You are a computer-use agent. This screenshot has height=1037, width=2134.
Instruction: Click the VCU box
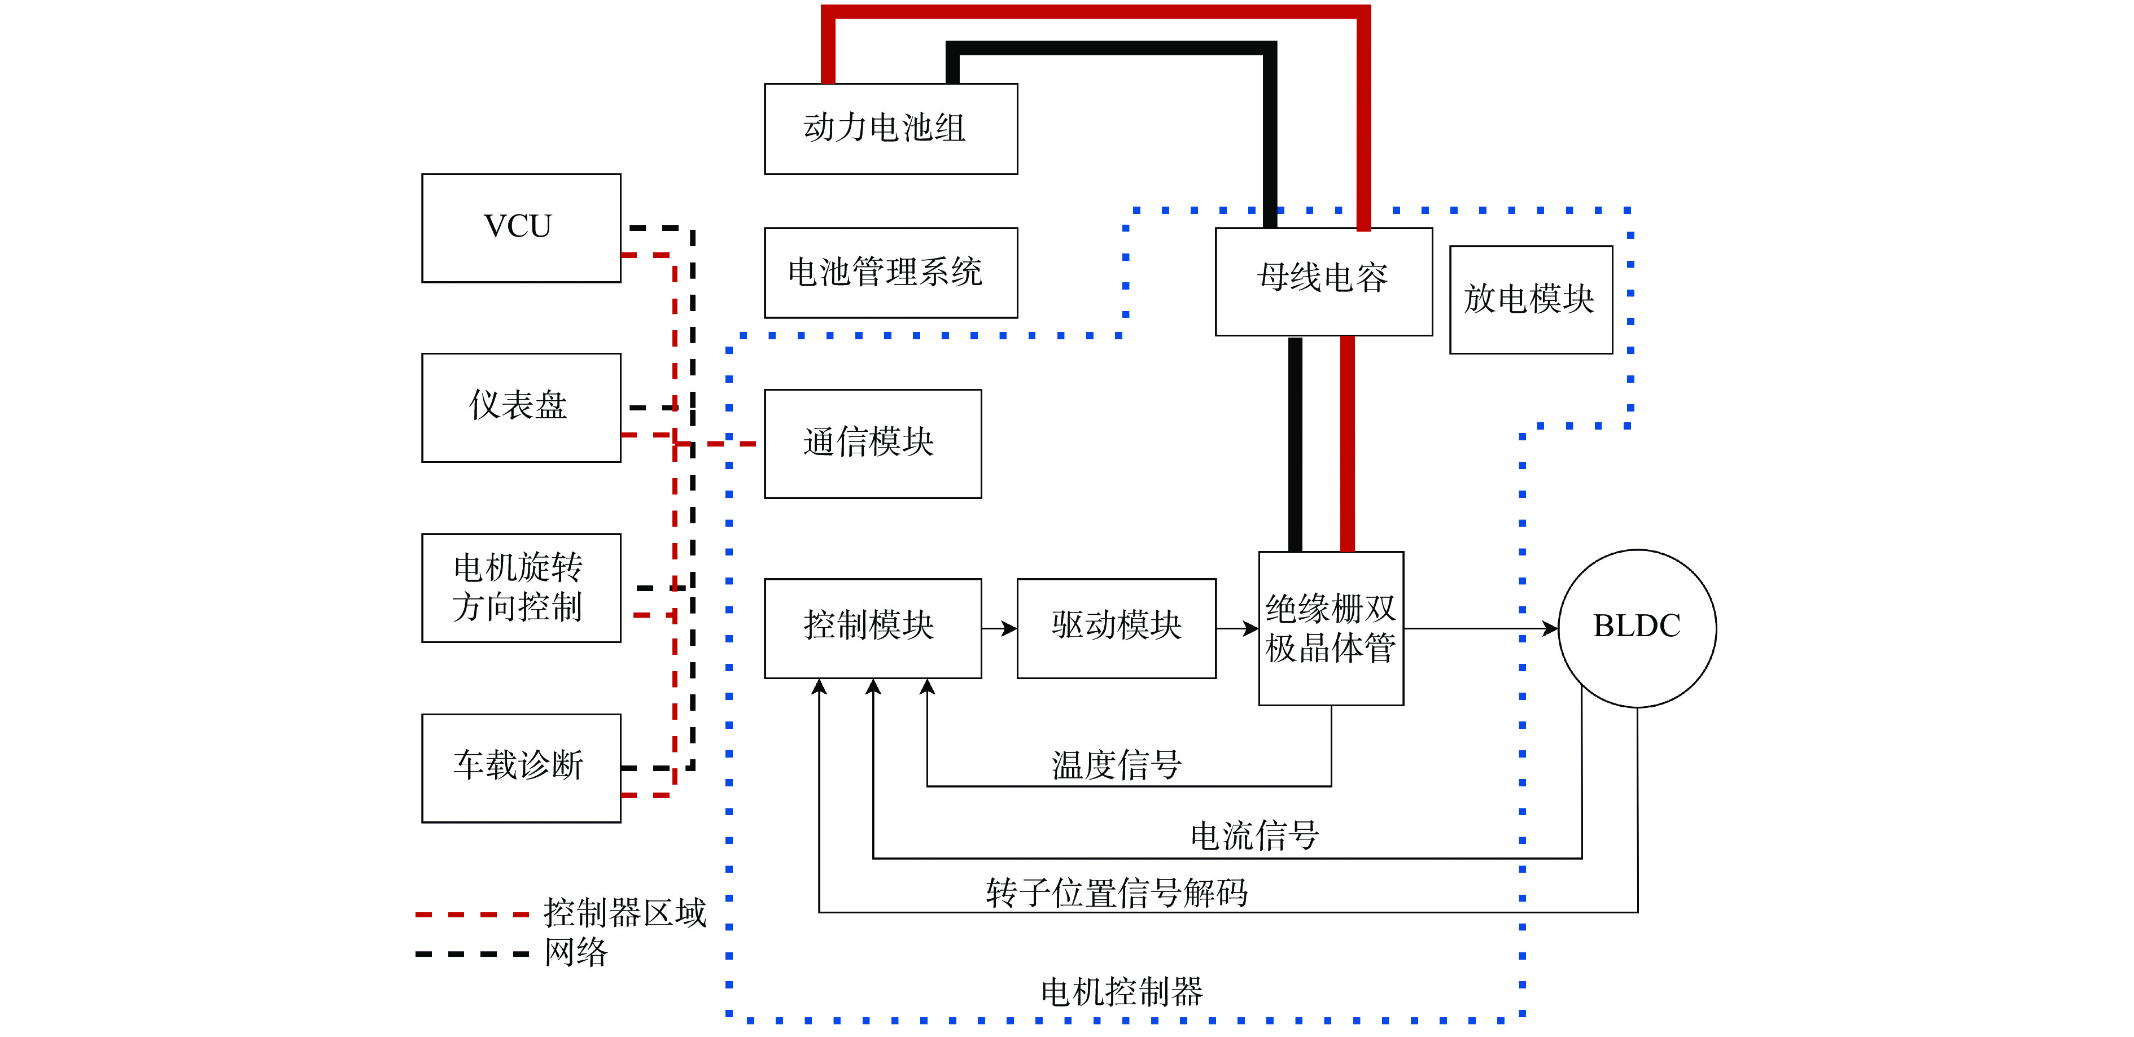521,227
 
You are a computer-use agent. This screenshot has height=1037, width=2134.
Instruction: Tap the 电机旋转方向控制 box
521,587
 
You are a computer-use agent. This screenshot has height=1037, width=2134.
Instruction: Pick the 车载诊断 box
521,767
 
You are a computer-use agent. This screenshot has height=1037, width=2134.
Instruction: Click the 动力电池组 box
890,128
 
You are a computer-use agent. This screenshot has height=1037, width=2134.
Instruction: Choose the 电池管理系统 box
890,273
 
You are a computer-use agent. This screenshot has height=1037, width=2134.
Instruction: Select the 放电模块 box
1530,299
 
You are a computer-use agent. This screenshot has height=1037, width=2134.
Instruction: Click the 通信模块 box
872,443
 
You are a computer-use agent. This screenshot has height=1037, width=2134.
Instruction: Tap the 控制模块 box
872,628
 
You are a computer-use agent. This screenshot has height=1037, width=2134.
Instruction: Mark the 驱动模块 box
1116,628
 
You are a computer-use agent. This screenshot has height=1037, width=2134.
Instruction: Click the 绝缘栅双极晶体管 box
1331,628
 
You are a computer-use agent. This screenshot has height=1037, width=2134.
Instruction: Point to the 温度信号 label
1116,764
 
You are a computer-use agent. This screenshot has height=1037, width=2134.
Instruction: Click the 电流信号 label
1254,835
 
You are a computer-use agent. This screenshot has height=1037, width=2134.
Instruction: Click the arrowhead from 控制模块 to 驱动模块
1009,629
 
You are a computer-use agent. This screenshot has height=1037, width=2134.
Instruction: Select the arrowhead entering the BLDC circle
1549,629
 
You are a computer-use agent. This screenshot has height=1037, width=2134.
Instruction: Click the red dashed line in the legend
471,915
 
